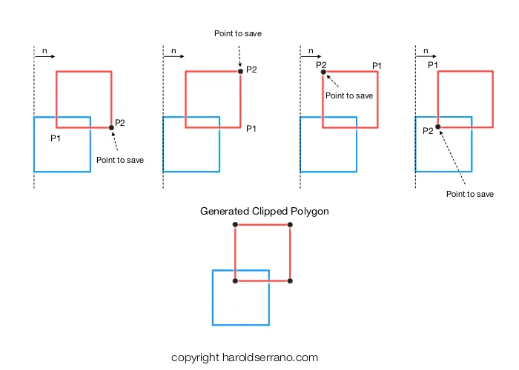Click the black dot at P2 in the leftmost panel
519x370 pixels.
(x=111, y=128)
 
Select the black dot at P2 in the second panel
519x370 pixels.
(x=240, y=71)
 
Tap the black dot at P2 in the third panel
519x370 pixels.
(x=323, y=71)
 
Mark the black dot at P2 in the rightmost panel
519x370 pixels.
(x=437, y=127)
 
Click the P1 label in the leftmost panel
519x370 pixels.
(x=56, y=138)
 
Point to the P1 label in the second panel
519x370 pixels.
(x=251, y=128)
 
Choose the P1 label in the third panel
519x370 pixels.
(x=377, y=65)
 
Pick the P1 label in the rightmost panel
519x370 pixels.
(x=433, y=65)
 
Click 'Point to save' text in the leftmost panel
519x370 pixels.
(x=120, y=160)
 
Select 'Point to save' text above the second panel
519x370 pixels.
(x=238, y=33)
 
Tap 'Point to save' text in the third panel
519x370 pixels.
(x=349, y=95)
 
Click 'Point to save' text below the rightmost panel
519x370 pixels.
(x=469, y=194)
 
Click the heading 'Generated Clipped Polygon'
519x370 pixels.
(x=265, y=211)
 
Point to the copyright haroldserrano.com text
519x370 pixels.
(x=245, y=357)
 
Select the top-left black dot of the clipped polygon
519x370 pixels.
(x=235, y=224)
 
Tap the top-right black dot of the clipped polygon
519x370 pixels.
(x=290, y=224)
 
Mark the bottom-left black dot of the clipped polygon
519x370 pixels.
(x=235, y=281)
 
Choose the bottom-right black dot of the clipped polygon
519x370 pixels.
(x=290, y=281)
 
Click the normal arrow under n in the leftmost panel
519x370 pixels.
(x=46, y=56)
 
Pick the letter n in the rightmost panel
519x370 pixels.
(x=426, y=51)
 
